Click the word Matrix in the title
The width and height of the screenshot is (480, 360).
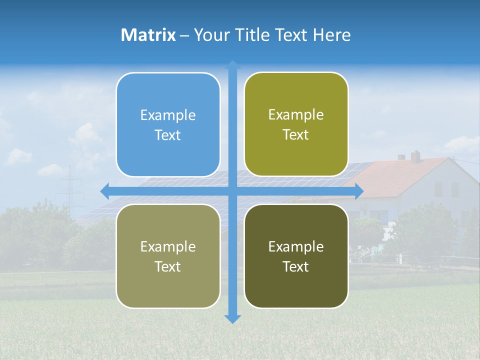(x=148, y=35)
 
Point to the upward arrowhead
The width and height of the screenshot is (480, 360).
(x=232, y=64)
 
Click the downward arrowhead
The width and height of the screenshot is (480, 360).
(x=232, y=318)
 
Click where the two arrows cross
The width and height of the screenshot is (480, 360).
(x=232, y=191)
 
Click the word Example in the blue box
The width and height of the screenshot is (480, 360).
(x=168, y=115)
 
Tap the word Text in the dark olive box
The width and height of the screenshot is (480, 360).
(x=296, y=266)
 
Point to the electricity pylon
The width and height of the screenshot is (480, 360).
(x=70, y=187)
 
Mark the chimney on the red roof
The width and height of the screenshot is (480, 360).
(x=415, y=156)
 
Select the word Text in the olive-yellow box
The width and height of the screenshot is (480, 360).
(x=296, y=135)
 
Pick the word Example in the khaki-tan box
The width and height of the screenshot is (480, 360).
(x=168, y=247)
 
